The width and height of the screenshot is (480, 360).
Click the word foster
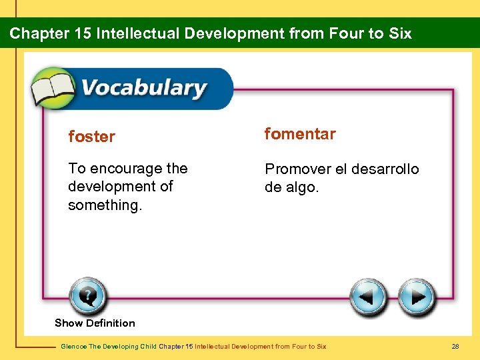[91, 137]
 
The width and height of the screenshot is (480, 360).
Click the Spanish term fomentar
[300, 134]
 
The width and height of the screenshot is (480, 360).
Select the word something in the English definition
[105, 205]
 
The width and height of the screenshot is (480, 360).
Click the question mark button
[87, 295]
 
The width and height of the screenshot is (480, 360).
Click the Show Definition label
[95, 323]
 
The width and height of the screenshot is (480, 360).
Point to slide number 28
[456, 347]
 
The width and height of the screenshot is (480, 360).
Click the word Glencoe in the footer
[71, 347]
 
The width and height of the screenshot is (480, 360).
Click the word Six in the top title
[399, 33]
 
